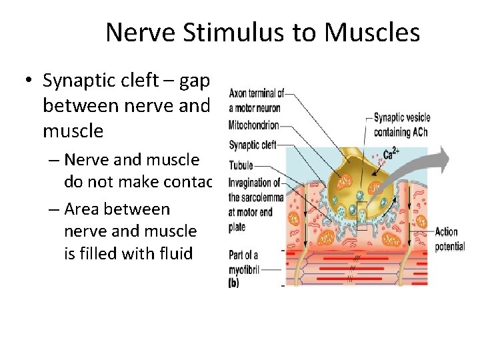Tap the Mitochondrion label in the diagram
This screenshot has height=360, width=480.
point(254,125)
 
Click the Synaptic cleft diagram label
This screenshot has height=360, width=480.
point(252,144)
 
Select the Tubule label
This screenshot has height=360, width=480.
point(241,165)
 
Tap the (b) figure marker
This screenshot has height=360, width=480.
point(235,283)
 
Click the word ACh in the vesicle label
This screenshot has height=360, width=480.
point(419,132)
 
